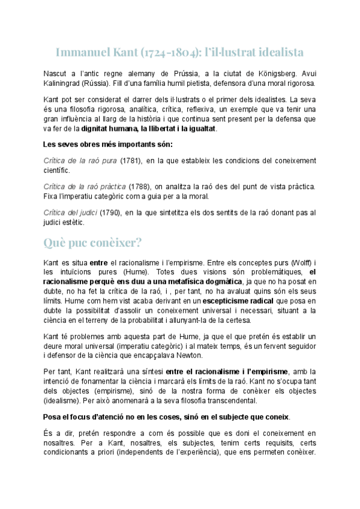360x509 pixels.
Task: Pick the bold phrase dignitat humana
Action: (111, 128)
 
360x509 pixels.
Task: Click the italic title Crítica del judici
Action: (70, 212)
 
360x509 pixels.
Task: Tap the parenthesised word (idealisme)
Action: (65, 400)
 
